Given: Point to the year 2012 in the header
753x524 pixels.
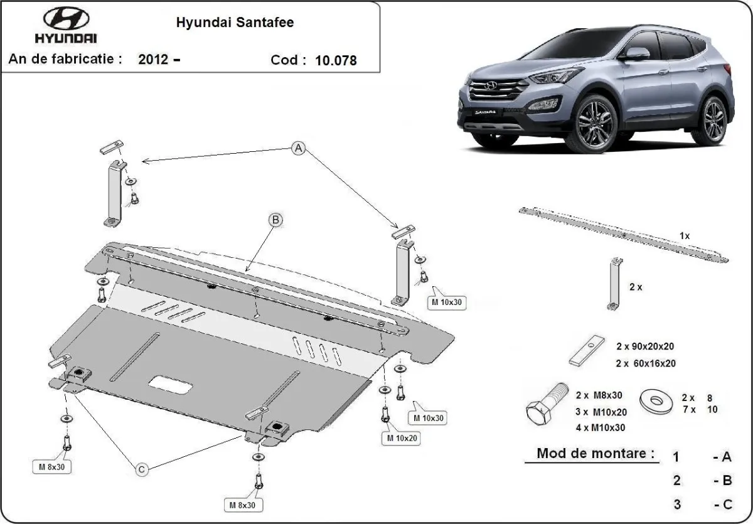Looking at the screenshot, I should tap(153, 60).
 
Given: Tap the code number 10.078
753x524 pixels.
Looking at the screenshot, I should tap(337, 60).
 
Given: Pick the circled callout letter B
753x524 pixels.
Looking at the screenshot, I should tap(275, 220).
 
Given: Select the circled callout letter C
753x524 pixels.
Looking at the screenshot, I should tap(142, 468).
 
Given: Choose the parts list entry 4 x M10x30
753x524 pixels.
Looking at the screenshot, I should tap(600, 428).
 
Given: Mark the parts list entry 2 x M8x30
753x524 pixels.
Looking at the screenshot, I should tap(600, 395).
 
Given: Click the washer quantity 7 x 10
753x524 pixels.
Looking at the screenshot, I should tap(699, 410).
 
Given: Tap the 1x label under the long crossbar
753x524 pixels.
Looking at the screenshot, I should tap(684, 236).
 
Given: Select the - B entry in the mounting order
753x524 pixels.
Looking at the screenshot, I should tap(722, 481).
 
